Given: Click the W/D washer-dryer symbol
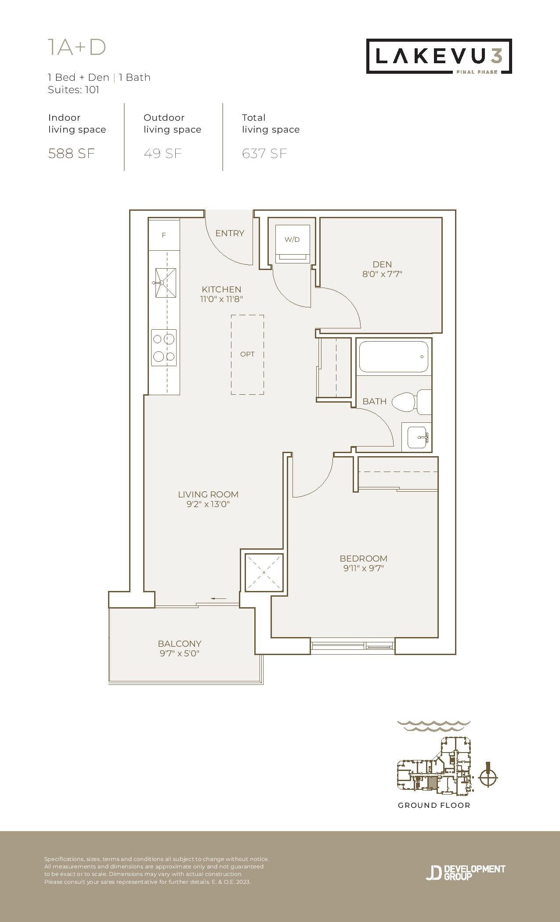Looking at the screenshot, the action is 293,244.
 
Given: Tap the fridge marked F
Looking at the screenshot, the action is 164,235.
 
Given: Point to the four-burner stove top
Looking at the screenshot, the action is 164,348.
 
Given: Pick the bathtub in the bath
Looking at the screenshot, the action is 394,357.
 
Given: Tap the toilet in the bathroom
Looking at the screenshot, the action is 411,401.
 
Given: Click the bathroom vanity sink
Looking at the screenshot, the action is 417,437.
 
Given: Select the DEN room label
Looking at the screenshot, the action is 382,264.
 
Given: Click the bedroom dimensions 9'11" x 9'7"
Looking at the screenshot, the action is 364,568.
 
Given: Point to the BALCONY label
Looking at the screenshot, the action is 180,644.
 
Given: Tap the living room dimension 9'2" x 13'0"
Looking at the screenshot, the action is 208,504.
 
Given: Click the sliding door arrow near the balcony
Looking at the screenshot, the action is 219,598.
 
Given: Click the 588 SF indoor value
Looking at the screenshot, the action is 72,154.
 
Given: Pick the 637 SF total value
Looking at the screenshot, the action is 264,154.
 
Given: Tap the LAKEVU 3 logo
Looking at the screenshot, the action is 439,56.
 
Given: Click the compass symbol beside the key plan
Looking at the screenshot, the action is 488,778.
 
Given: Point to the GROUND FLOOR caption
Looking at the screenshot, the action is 434,805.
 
